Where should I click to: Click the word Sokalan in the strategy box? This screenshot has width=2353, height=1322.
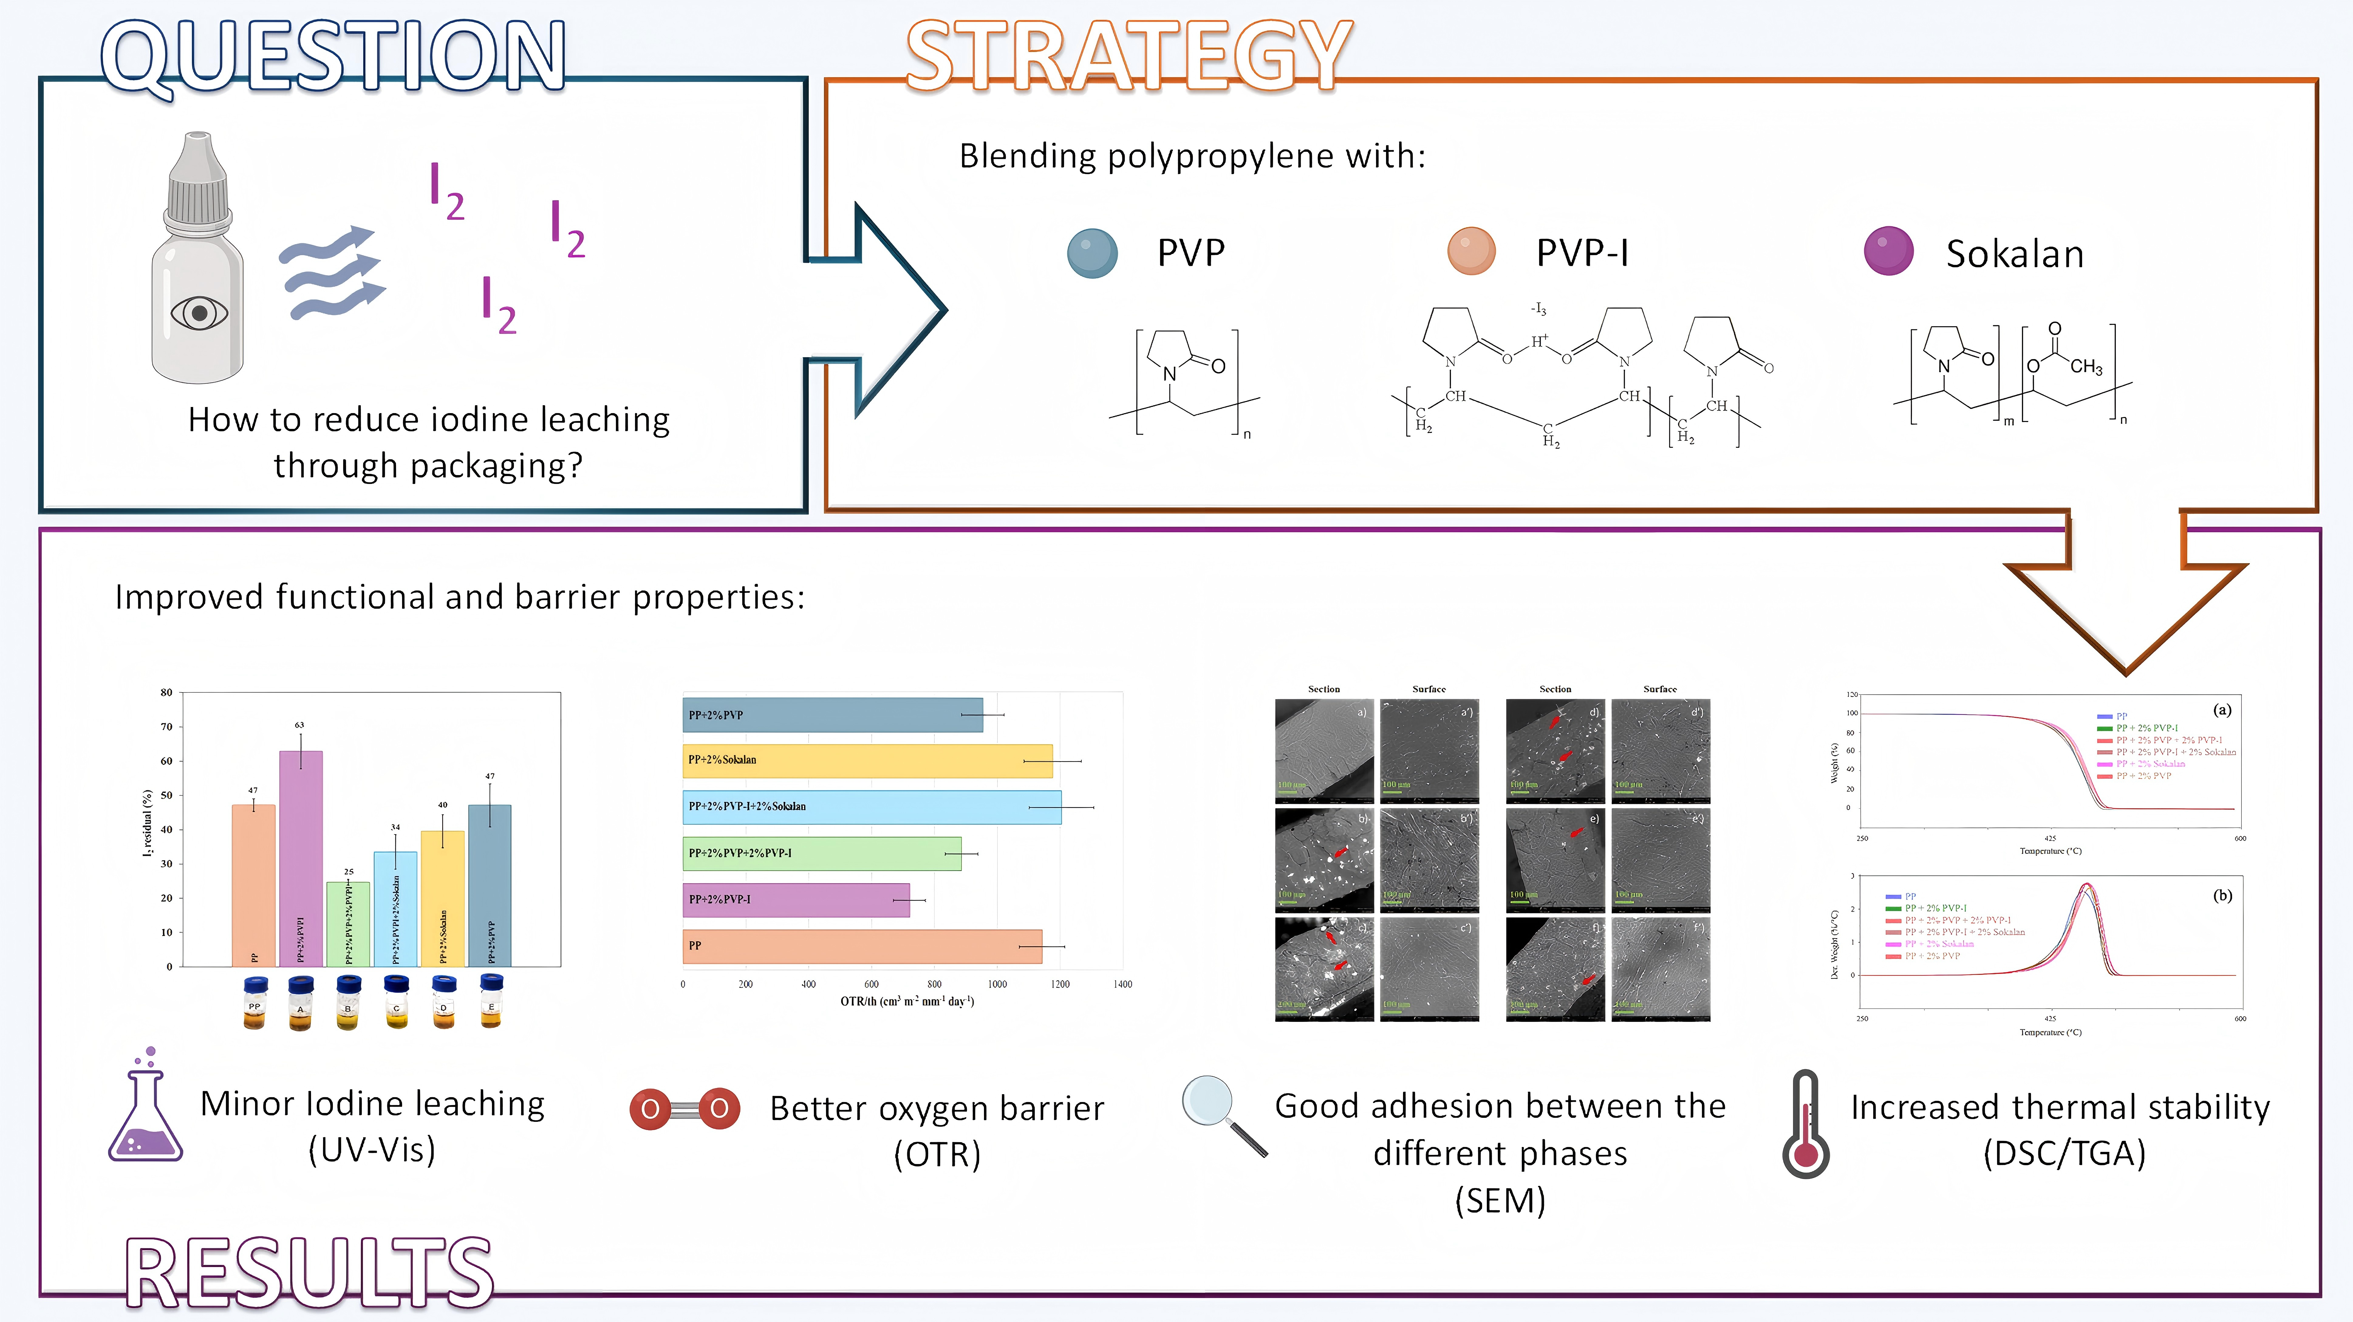(2015, 254)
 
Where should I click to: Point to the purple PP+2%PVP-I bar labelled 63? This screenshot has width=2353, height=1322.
(301, 859)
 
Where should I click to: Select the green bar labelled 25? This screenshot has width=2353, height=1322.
(348, 923)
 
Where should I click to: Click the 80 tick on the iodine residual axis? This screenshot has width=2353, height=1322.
(166, 693)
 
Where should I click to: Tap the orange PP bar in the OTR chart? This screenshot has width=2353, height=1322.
(861, 946)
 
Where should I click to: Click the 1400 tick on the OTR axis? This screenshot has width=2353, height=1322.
(1123, 984)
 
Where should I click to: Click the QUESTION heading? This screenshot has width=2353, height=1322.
(333, 57)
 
